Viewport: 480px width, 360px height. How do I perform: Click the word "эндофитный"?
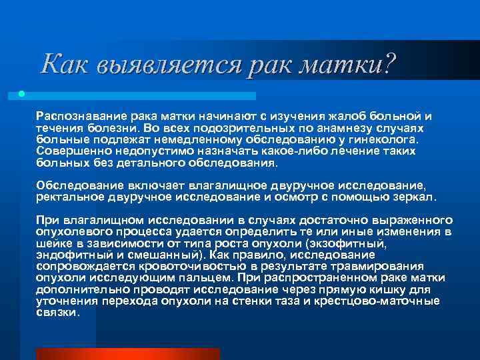[68, 255]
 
